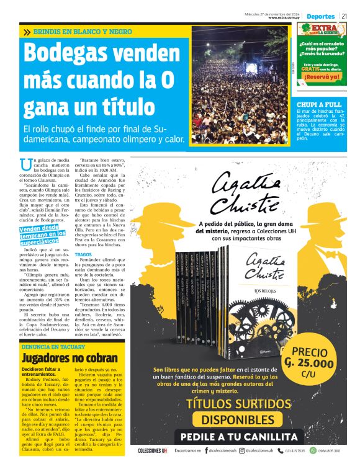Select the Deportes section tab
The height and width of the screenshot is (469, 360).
[320, 16]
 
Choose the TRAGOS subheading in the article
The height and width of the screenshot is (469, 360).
[101, 254]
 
